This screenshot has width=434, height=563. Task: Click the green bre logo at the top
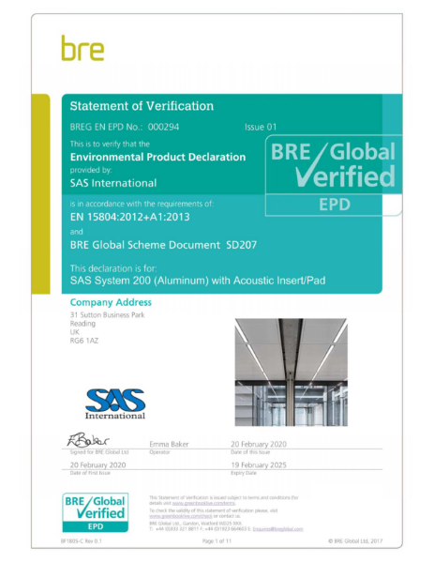click(x=82, y=49)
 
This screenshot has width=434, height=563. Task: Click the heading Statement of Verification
click(x=142, y=106)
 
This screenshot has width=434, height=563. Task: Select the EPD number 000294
click(x=162, y=127)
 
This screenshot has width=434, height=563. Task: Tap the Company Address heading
click(x=111, y=302)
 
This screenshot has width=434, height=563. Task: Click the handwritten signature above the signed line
click(x=89, y=439)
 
